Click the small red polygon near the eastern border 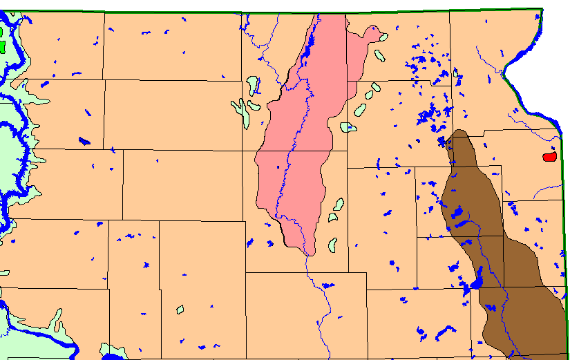[550, 157]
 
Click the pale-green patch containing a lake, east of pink [349, 127]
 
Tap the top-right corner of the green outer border [542, 9]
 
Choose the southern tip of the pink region [308, 253]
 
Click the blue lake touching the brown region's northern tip [443, 142]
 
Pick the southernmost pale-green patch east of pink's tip [332, 244]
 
